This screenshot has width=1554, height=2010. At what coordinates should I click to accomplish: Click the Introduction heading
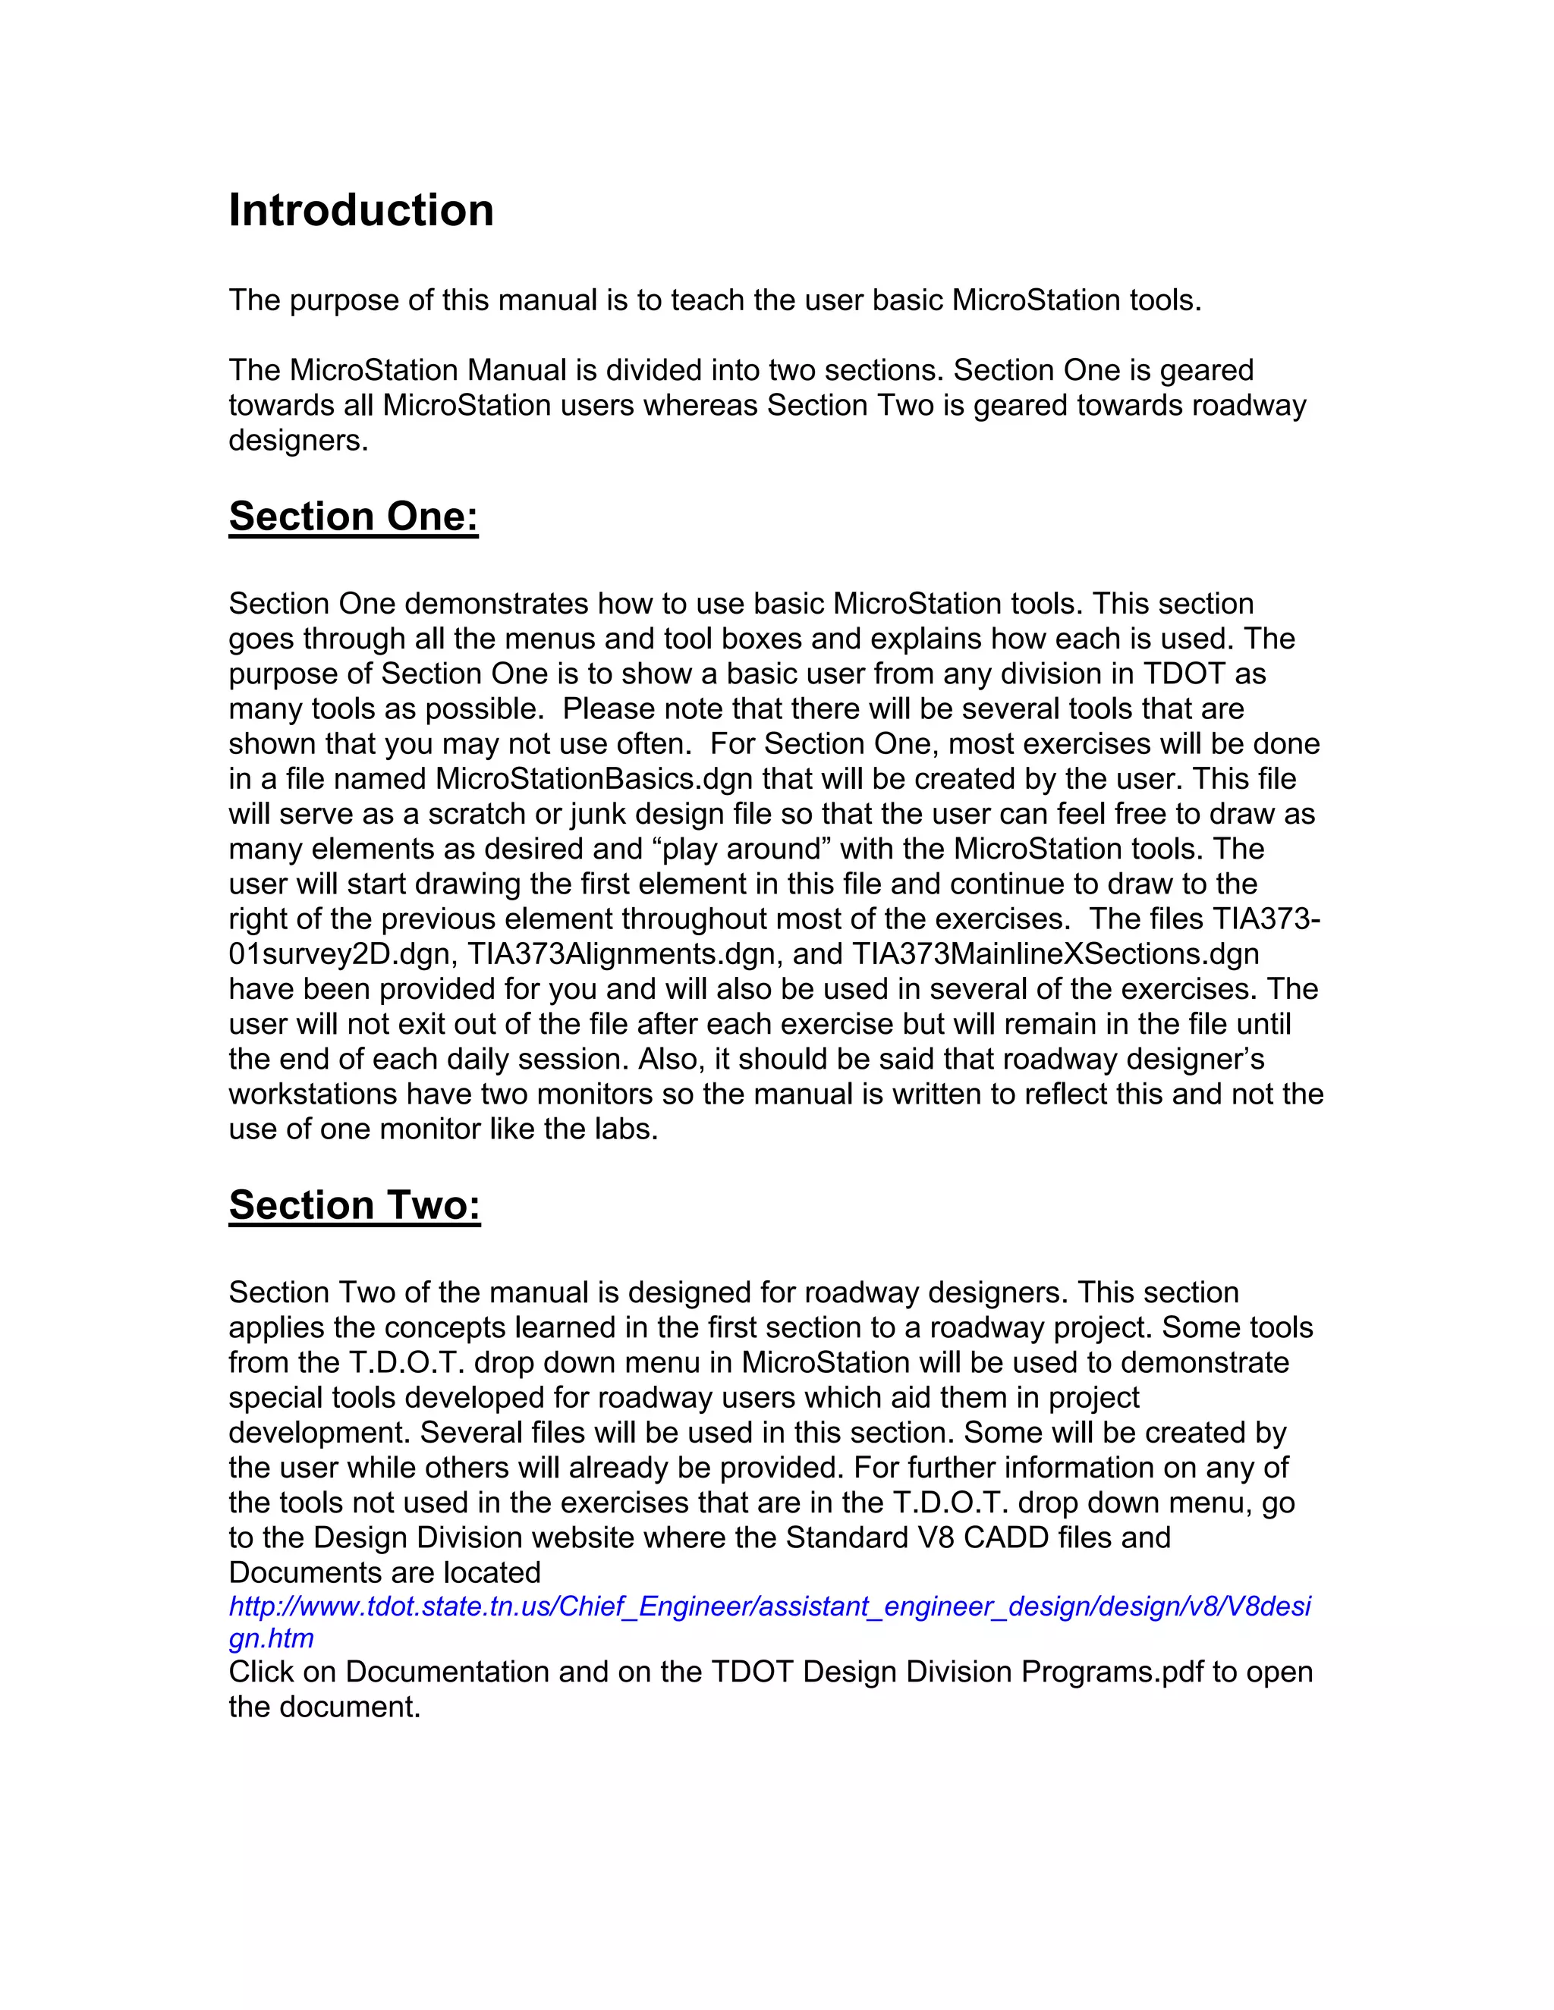point(361,211)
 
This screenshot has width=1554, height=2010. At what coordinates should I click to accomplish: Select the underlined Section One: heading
point(354,517)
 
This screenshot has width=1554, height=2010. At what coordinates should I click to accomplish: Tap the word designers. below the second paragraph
point(298,441)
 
